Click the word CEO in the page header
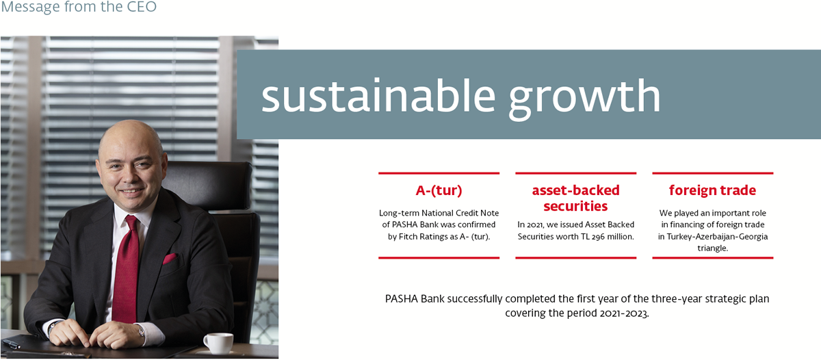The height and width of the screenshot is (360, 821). (x=141, y=7)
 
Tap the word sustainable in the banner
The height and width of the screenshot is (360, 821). (x=378, y=96)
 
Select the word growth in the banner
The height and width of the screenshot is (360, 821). (x=584, y=99)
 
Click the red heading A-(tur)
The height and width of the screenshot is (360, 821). (x=439, y=191)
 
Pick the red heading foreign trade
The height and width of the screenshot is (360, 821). (x=712, y=190)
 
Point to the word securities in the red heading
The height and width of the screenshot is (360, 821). (x=575, y=207)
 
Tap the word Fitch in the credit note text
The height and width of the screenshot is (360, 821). (x=408, y=236)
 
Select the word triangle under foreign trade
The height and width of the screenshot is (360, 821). (x=712, y=248)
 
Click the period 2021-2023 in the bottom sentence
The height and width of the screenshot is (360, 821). (x=625, y=313)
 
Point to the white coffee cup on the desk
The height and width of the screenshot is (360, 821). (x=218, y=343)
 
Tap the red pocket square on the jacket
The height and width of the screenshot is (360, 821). (x=170, y=259)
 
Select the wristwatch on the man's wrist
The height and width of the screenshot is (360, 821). (x=141, y=331)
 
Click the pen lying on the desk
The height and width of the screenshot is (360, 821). (x=11, y=344)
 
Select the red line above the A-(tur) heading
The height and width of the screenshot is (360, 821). (x=439, y=173)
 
